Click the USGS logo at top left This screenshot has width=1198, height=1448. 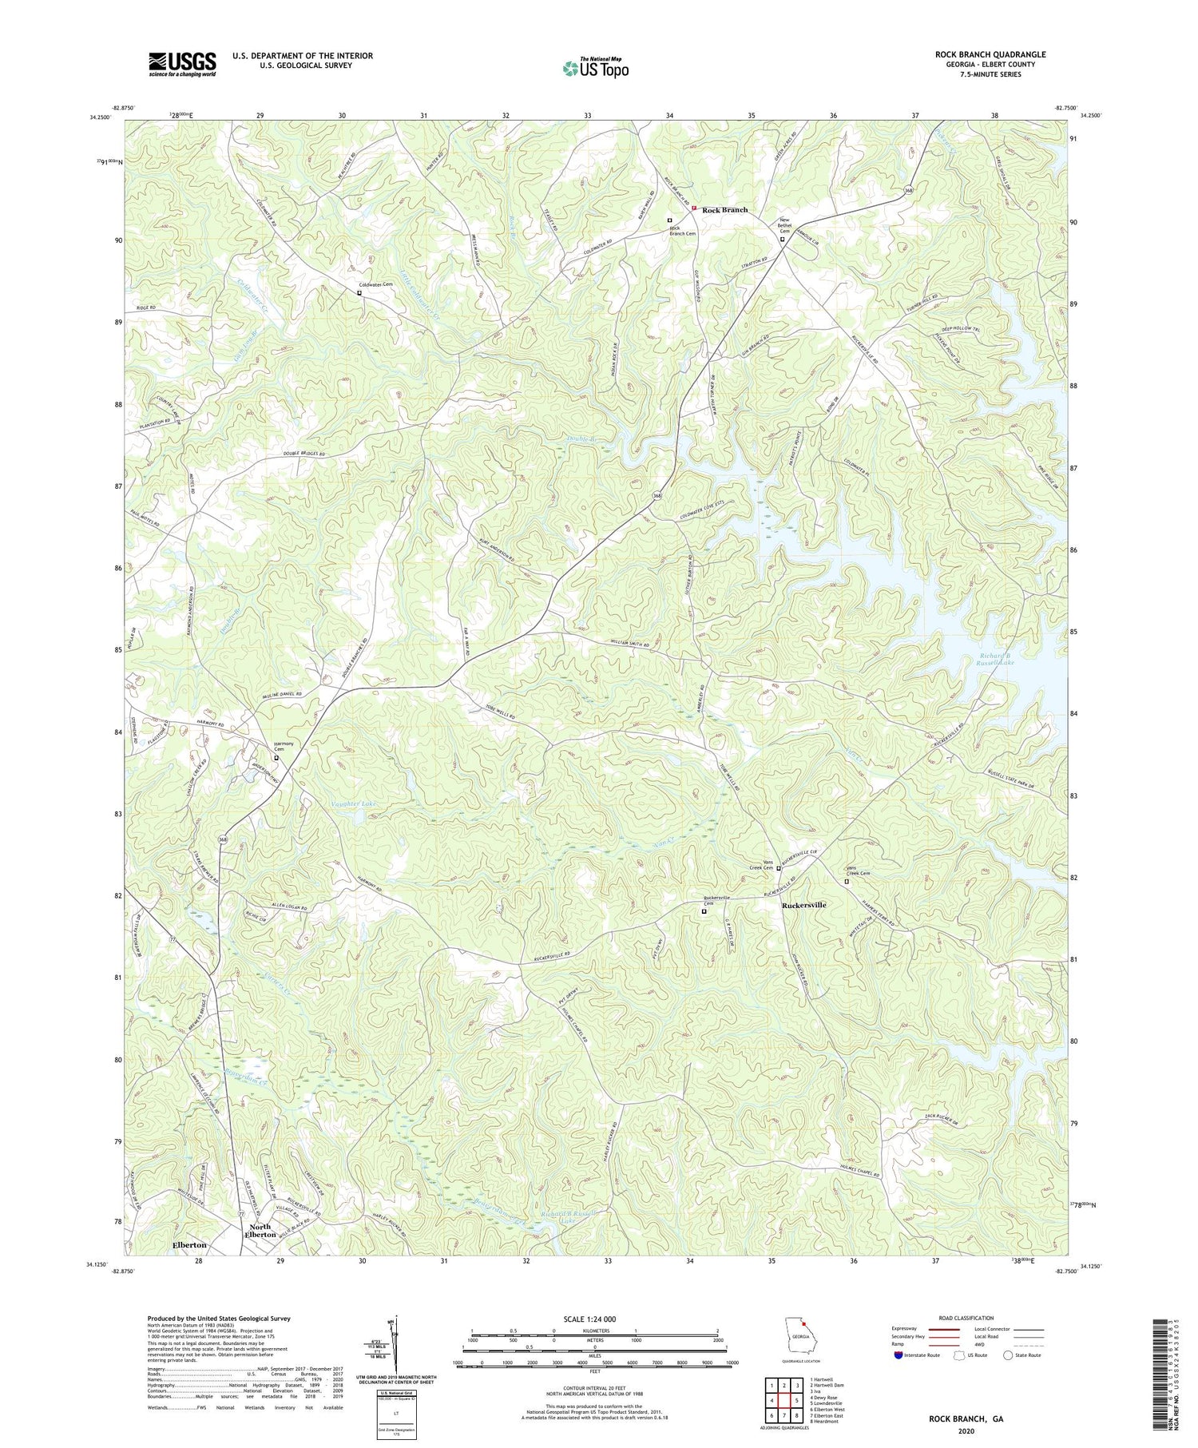coord(181,63)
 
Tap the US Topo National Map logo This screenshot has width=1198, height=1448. coord(595,68)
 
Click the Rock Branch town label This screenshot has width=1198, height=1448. coord(724,210)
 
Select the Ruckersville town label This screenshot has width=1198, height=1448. coord(804,905)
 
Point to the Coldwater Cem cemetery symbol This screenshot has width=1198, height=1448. coord(359,292)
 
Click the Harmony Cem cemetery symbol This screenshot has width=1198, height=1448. coord(276,757)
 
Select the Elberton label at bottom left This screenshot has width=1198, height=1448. coord(189,1244)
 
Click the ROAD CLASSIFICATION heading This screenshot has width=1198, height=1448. coord(966,1318)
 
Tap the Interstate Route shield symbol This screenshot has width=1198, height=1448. coord(899,1355)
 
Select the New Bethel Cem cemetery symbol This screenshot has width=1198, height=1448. coord(782,239)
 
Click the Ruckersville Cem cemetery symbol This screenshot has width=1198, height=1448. coord(704,911)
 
